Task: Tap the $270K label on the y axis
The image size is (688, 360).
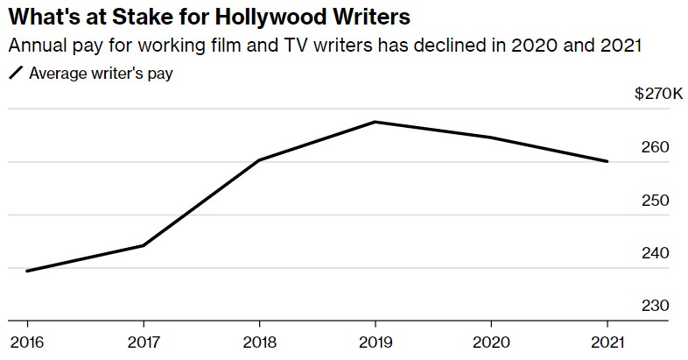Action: click(x=659, y=94)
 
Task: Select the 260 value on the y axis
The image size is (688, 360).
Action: click(x=656, y=147)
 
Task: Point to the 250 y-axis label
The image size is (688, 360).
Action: click(x=656, y=201)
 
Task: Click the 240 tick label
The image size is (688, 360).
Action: click(x=656, y=253)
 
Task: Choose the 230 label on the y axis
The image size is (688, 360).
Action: click(x=656, y=307)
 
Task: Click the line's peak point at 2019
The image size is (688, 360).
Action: click(x=375, y=122)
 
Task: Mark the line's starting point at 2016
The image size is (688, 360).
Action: click(x=26, y=271)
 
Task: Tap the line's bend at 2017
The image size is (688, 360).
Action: click(x=143, y=245)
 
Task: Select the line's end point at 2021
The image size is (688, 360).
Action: click(x=607, y=161)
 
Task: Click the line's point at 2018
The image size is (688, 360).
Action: click(x=259, y=160)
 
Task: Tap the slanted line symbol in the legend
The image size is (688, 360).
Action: click(x=15, y=74)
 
